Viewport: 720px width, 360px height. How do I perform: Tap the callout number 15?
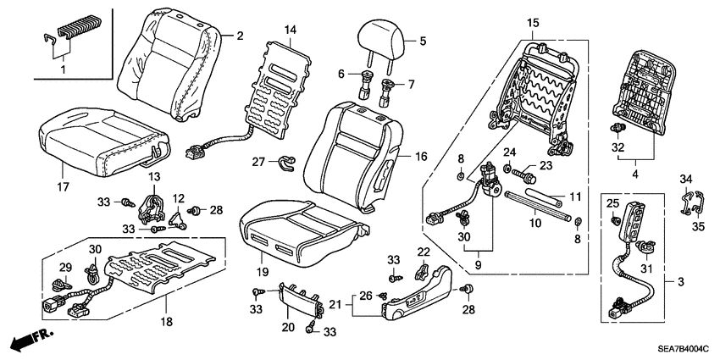(x=532, y=20)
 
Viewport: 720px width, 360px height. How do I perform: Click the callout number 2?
(x=240, y=36)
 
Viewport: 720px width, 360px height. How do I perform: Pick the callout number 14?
(x=291, y=30)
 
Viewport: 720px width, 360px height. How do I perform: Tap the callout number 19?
(x=263, y=272)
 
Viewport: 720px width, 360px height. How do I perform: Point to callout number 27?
(x=258, y=161)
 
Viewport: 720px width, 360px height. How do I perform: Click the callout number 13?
(x=153, y=175)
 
